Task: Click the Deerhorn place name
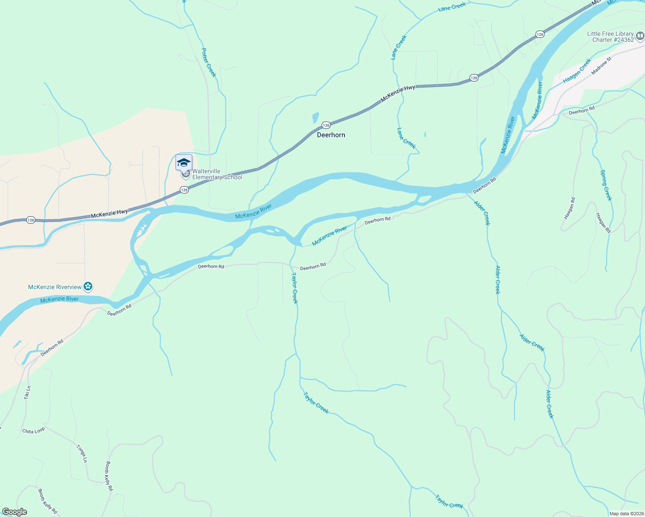point(331,135)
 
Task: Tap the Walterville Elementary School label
point(217,174)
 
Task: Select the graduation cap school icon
point(184,162)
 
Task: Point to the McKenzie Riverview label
point(55,287)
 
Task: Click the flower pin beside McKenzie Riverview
point(88,286)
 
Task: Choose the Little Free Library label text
point(610,37)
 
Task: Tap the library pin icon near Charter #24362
point(640,37)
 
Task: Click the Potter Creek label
point(209,62)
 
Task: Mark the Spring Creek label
point(606,185)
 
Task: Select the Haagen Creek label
point(577,72)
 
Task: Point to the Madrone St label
point(601,65)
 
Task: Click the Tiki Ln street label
point(28,392)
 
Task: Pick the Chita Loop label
point(33,431)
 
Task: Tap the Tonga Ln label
point(81,454)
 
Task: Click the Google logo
point(14,512)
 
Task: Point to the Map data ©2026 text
point(626,514)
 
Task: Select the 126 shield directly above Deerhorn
point(326,125)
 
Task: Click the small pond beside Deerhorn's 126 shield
point(315,117)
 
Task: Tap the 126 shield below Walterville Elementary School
point(184,190)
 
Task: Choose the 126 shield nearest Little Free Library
point(540,34)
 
